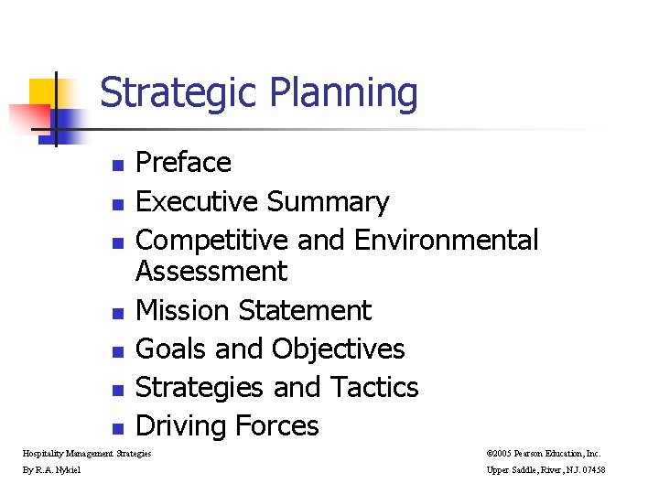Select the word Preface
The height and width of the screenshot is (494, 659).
click(x=183, y=163)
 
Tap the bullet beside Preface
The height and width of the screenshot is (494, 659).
click(x=116, y=166)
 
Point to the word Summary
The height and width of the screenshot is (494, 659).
click(x=327, y=201)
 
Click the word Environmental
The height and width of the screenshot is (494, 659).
click(x=446, y=240)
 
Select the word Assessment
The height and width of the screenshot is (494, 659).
click(x=211, y=271)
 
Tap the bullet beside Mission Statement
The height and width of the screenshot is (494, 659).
click(x=116, y=314)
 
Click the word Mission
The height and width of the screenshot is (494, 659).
click(x=183, y=310)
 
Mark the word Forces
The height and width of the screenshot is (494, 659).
click(x=277, y=425)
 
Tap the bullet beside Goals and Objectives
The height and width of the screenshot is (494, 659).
click(x=116, y=352)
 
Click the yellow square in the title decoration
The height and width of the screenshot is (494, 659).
click(x=45, y=91)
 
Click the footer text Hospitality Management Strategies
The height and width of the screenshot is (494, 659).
click(x=87, y=453)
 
